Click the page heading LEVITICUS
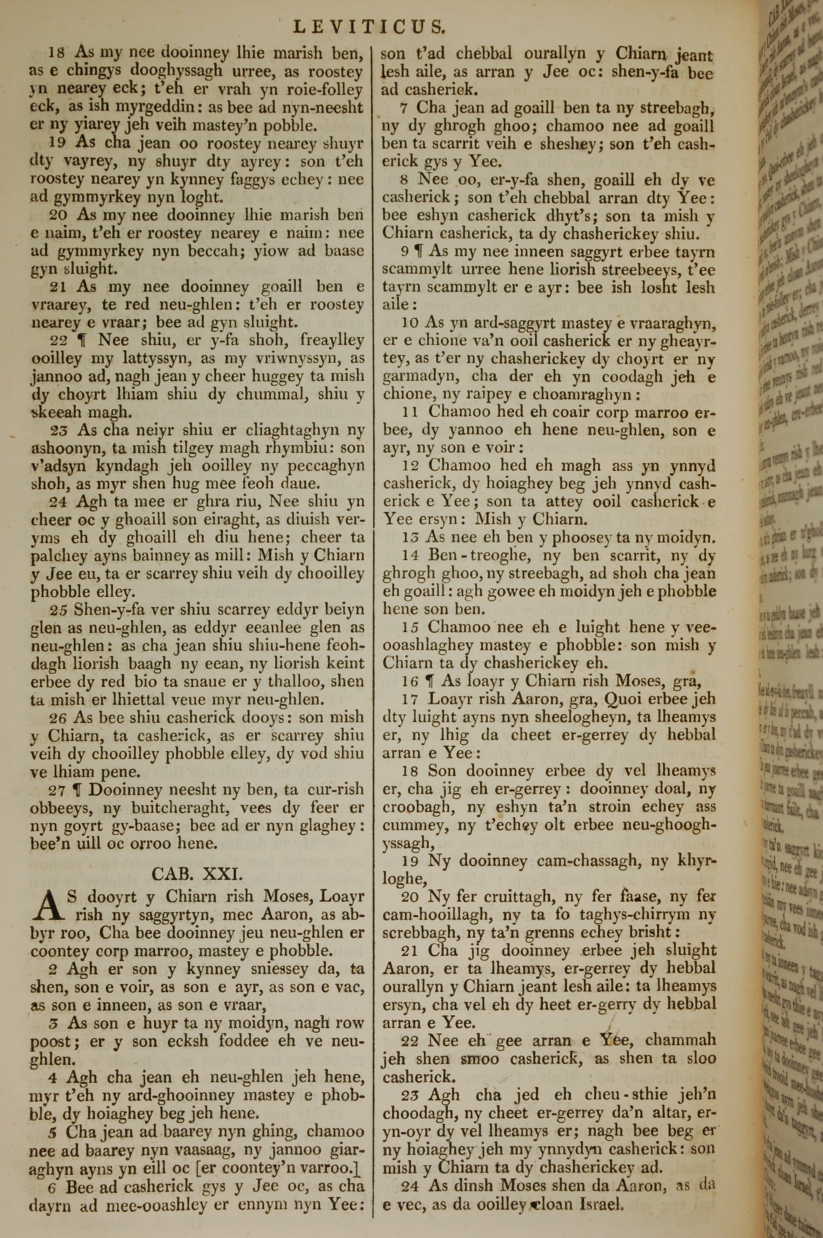(370, 26)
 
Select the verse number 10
(409, 323)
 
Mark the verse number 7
(404, 109)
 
